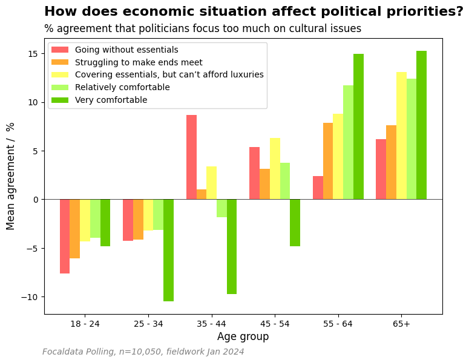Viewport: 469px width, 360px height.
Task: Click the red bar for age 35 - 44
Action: tap(191, 157)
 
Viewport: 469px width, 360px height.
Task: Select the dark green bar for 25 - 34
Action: tap(168, 250)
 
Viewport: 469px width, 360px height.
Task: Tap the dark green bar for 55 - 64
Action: tap(358, 127)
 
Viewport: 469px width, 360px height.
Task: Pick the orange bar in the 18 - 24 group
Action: tap(75, 229)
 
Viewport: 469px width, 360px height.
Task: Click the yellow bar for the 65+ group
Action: tap(401, 136)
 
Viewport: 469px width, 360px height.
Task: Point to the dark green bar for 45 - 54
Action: tap(295, 223)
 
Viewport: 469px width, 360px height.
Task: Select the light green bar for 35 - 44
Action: tap(221, 208)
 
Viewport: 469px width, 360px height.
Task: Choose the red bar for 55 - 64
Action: tap(318, 188)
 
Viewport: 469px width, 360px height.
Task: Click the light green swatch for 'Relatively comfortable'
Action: tap(60, 87)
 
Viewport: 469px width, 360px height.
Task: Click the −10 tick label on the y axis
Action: tap(30, 297)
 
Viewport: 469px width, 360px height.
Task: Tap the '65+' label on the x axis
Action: tap(401, 324)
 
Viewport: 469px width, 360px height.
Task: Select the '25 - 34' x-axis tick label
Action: tap(148, 324)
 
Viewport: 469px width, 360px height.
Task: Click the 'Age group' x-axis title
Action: tap(243, 336)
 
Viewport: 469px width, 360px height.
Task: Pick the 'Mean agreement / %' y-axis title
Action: tap(10, 177)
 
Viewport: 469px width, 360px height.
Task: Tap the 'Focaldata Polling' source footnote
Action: tap(79, 352)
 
